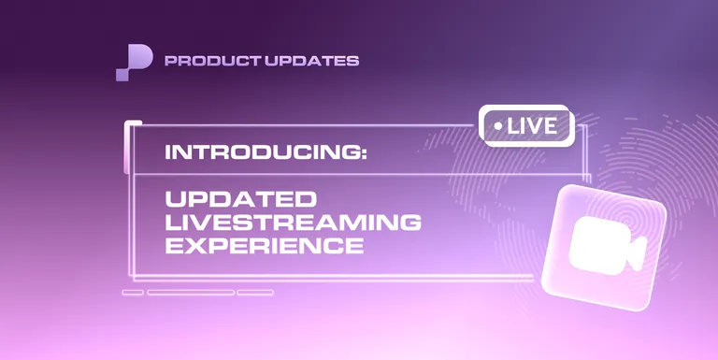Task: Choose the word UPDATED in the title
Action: tap(241, 200)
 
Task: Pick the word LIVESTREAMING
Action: tap(293, 223)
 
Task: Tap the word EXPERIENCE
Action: tap(264, 246)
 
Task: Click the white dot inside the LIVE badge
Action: tap(498, 125)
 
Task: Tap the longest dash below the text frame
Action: tap(190, 292)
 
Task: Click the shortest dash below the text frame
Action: tap(132, 292)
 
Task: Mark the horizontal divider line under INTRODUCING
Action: tap(355, 175)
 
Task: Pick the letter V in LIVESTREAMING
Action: tap(208, 223)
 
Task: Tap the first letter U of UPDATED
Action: tap(175, 200)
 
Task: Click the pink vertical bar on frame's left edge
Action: tap(127, 148)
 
